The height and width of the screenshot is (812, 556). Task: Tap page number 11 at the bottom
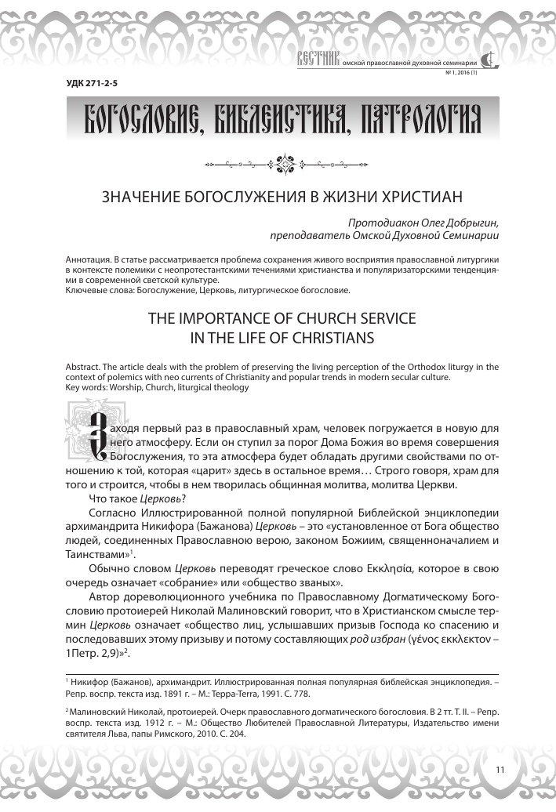point(500,769)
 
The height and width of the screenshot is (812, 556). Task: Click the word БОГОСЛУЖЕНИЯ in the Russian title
point(238,196)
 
